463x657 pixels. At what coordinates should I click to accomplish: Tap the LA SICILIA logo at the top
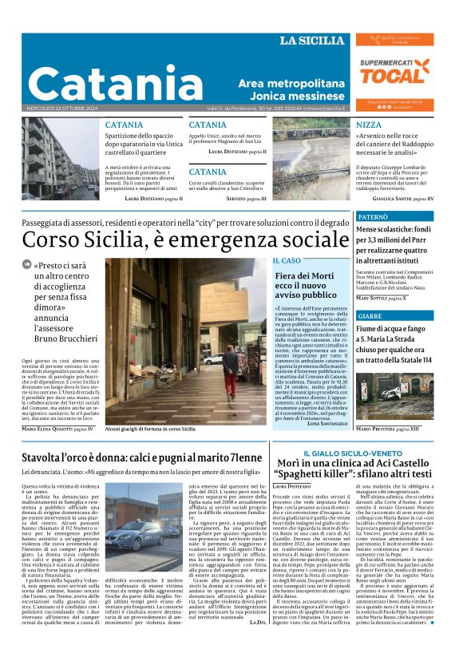click(x=312, y=41)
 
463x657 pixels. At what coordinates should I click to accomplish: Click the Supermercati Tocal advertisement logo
click(x=394, y=71)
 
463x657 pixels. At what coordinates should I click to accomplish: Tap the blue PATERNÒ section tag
click(x=374, y=216)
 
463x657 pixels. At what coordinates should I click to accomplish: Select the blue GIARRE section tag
click(x=370, y=316)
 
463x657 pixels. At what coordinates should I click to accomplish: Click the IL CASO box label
click(x=287, y=261)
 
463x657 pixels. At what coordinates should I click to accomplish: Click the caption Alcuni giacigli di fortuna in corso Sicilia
click(x=150, y=429)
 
